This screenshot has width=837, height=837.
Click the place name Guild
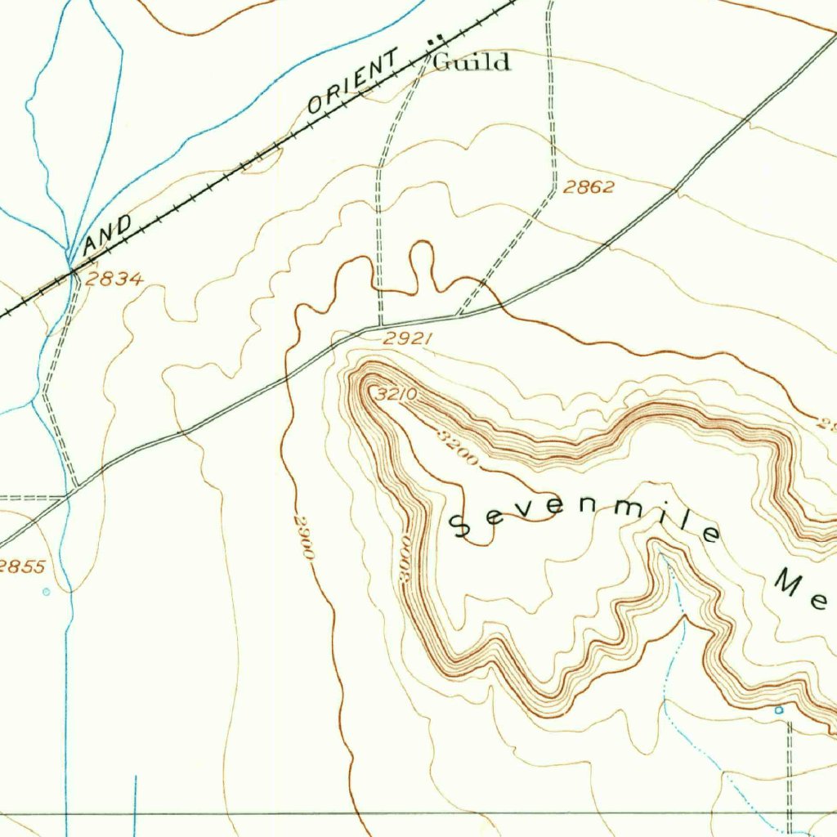(x=472, y=61)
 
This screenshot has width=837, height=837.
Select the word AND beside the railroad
(x=109, y=233)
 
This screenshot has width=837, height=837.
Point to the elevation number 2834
(x=114, y=280)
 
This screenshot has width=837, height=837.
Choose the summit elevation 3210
(x=397, y=395)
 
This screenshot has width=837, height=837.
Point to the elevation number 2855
(x=22, y=566)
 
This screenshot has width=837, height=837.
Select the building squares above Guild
(x=436, y=38)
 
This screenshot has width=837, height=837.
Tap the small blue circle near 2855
(x=46, y=591)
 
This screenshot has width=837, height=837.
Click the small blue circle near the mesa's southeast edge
(x=779, y=710)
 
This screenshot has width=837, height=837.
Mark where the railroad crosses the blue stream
(x=72, y=269)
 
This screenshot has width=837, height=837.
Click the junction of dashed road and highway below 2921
(x=381, y=325)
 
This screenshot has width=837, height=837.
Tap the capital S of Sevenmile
(x=463, y=527)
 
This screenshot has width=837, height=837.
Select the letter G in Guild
(x=442, y=61)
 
